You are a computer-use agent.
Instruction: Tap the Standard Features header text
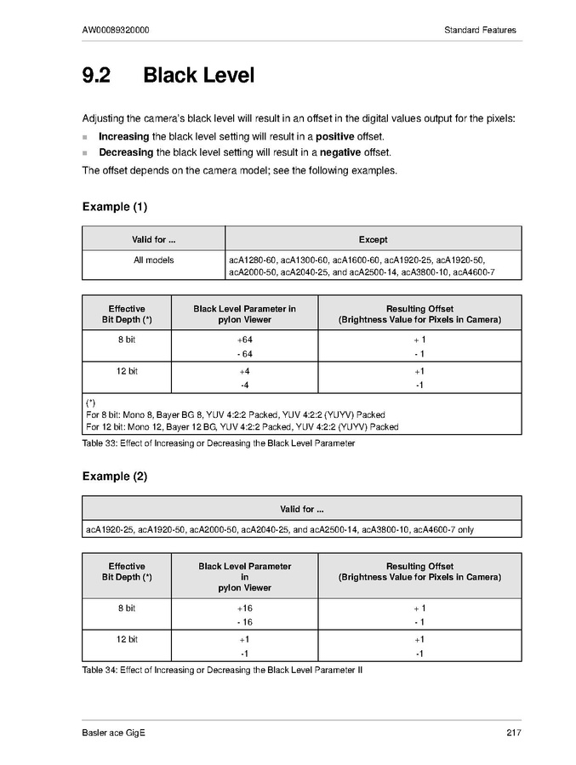click(480, 31)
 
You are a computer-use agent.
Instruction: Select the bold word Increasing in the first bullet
click(124, 136)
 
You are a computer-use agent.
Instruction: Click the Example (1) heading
click(115, 207)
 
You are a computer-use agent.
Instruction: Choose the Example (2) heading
click(115, 477)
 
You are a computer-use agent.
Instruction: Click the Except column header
click(373, 240)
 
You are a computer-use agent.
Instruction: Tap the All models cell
click(153, 260)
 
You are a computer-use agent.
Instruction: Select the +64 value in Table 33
click(245, 340)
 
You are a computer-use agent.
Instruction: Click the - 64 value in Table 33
click(245, 354)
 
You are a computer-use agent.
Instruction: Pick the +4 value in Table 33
click(245, 372)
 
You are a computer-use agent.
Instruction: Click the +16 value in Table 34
click(245, 608)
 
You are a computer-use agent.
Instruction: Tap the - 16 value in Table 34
click(245, 623)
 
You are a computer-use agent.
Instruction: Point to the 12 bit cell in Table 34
click(127, 639)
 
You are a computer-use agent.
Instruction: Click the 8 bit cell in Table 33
click(127, 340)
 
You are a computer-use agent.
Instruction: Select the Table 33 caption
click(219, 443)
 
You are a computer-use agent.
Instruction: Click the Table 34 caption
click(222, 670)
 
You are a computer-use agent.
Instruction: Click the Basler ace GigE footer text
click(114, 734)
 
